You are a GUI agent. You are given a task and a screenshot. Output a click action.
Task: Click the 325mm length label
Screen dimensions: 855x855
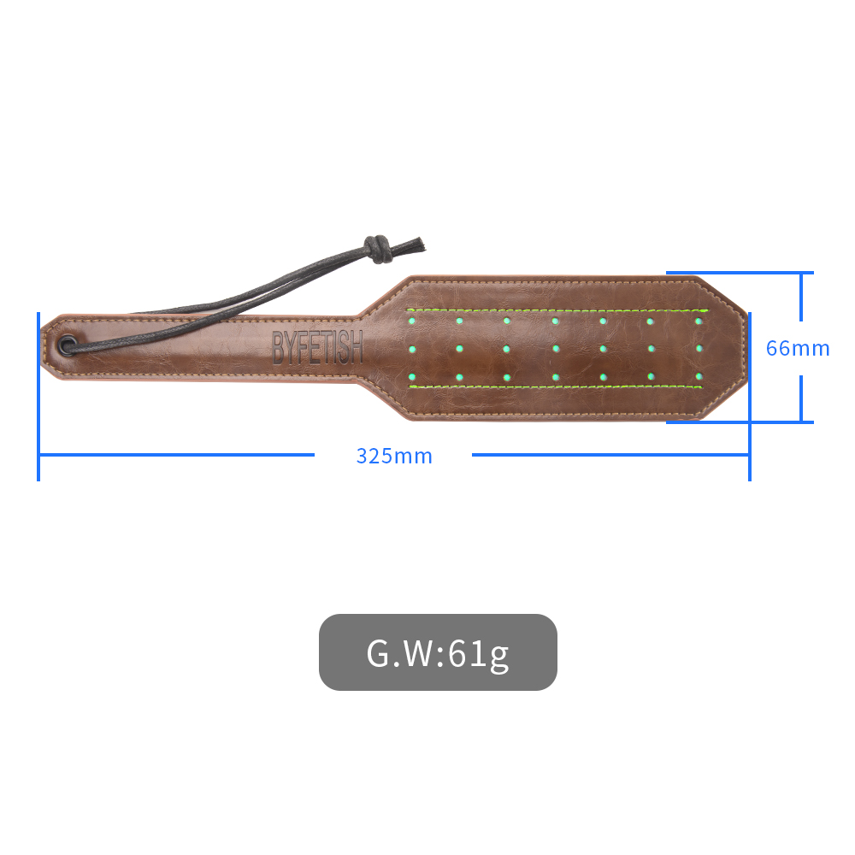coord(394,456)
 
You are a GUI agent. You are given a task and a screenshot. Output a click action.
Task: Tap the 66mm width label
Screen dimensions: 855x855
coord(798,349)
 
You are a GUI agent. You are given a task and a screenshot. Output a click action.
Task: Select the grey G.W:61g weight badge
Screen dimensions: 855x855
coord(438,652)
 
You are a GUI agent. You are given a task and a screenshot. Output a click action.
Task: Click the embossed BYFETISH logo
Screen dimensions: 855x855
coord(317,347)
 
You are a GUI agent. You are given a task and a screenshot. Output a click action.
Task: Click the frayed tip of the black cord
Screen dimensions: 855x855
coord(416,245)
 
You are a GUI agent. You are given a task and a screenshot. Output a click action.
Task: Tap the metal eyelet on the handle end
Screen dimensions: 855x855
coord(68,345)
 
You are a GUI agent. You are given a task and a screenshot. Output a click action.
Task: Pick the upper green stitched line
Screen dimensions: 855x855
coord(557,310)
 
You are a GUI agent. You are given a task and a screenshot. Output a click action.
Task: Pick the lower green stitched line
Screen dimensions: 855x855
coord(556,386)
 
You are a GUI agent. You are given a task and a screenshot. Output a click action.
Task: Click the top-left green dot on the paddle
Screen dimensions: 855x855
coord(412,321)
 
